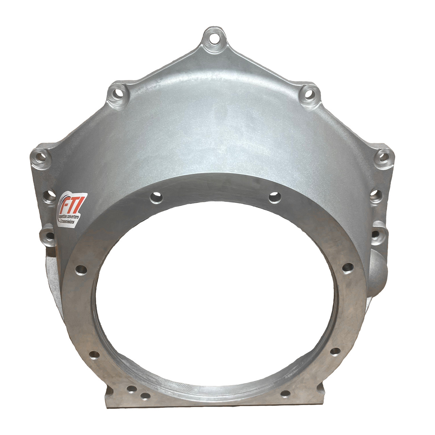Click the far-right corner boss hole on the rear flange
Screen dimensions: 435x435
click(x=384, y=157)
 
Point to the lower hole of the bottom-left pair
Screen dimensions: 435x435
click(x=145, y=396)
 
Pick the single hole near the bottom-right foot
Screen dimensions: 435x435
click(x=285, y=394)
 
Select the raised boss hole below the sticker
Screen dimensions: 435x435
click(x=48, y=234)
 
